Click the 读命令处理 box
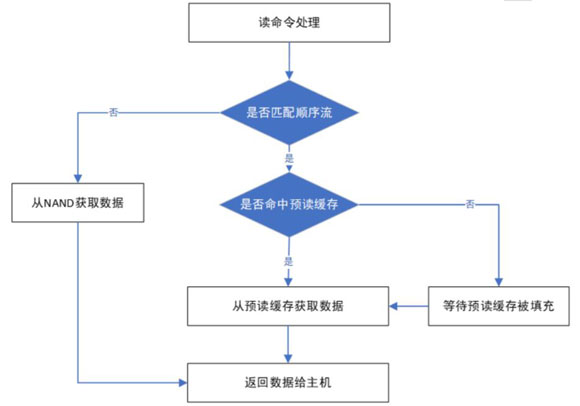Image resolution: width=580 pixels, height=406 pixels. point(289,23)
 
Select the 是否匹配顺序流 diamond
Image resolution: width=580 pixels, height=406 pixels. point(289,112)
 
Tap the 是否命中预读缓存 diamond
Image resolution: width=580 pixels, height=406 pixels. point(289,204)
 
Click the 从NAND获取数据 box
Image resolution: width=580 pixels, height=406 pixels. point(78,203)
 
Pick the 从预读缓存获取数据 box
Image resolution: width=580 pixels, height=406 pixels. point(288,306)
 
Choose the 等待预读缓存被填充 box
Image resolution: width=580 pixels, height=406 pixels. point(499,306)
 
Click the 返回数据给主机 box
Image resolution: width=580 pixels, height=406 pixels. point(288,383)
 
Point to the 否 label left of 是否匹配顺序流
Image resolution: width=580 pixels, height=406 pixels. point(114,112)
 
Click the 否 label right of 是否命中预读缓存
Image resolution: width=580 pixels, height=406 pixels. point(470,204)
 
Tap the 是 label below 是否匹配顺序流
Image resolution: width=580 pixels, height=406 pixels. point(289,158)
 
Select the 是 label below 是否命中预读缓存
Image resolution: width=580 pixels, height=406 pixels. point(289,261)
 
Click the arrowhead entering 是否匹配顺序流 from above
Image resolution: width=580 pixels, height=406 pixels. point(289,75)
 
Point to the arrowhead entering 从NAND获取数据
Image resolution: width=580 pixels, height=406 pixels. point(78,178)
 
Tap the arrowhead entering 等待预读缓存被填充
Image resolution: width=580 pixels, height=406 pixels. point(499,282)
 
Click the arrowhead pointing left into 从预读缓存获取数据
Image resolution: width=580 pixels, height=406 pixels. point(394,306)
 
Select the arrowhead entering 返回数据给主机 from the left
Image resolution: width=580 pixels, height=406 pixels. point(183,383)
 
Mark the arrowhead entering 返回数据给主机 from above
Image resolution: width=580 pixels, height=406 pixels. point(288,358)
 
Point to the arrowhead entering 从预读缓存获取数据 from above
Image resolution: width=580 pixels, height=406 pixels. point(288,282)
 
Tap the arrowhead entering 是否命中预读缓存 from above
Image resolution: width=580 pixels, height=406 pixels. point(289,169)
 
